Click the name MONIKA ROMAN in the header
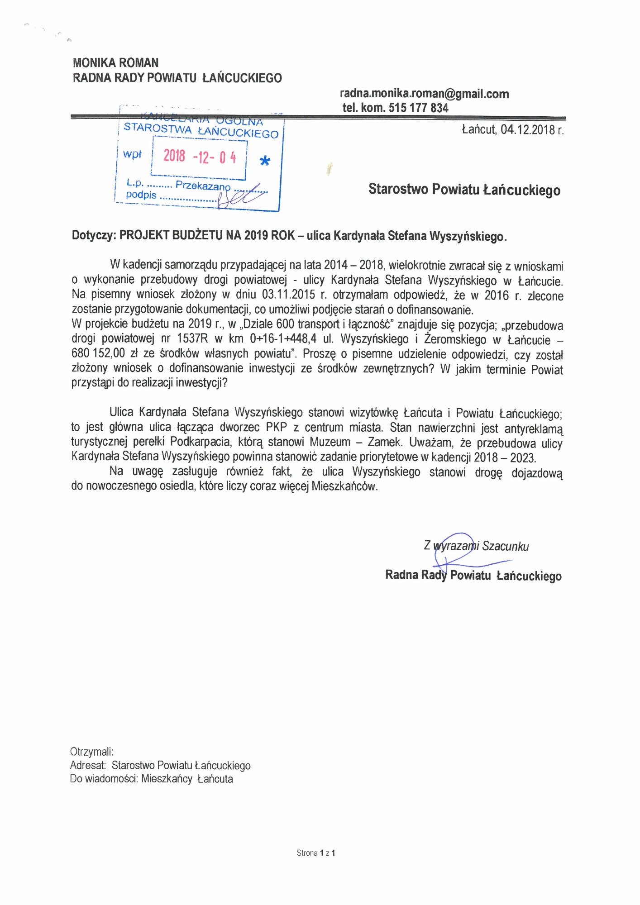click(115, 62)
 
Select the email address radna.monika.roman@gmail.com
click(424, 94)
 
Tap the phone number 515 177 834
click(418, 108)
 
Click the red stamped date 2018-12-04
click(200, 157)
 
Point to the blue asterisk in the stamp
click(265, 161)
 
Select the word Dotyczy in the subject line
click(94, 235)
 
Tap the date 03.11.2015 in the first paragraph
click(288, 295)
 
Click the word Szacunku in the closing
click(505, 546)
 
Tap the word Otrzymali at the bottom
click(91, 752)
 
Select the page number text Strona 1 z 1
click(315, 853)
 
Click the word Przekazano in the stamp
click(203, 185)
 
